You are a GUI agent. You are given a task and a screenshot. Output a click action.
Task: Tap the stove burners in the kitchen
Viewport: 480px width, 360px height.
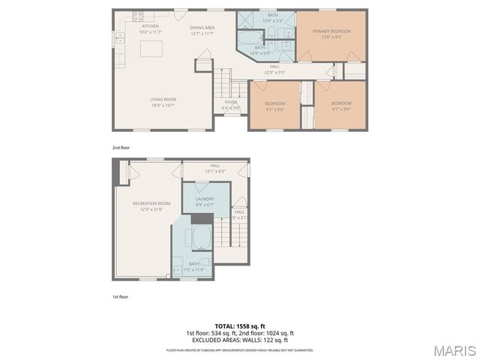coord(138,14)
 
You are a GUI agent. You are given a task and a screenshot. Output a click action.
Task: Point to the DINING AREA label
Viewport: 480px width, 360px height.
coord(202,26)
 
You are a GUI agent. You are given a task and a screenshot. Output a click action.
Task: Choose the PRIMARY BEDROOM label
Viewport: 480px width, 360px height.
coord(331,31)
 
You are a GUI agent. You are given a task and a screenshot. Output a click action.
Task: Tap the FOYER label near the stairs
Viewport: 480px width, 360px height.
coord(231,102)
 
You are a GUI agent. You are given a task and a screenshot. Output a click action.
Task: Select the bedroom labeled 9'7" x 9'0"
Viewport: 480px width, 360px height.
coord(341,107)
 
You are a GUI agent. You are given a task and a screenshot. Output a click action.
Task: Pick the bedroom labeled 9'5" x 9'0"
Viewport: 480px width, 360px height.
coord(274,107)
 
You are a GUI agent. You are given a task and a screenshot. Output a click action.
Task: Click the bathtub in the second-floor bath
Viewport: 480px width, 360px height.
coord(247,37)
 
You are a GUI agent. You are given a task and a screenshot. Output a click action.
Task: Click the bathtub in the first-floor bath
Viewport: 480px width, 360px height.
coord(200,238)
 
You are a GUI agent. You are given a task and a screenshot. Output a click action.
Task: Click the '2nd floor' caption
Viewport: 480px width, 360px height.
coord(121,148)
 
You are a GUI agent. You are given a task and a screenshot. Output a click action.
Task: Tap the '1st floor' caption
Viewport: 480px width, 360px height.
coord(120,298)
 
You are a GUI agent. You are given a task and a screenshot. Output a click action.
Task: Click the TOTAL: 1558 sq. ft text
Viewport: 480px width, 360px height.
coord(239,326)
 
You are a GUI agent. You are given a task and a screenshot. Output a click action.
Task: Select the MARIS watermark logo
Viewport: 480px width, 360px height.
coord(453,350)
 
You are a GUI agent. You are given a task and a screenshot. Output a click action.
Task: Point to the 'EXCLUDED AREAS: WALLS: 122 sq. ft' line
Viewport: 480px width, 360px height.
coord(239,339)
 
